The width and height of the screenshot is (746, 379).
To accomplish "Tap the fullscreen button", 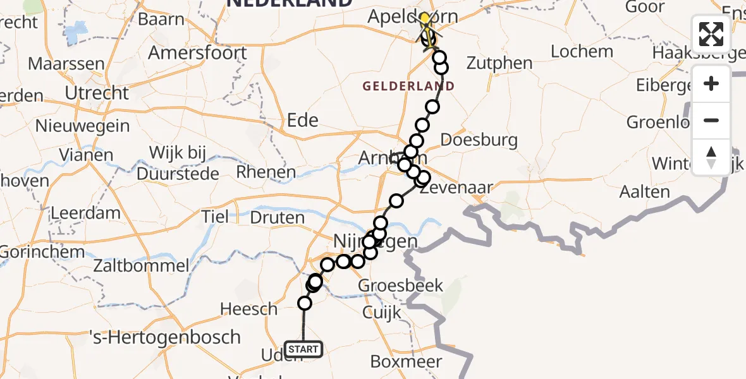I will point(711,34).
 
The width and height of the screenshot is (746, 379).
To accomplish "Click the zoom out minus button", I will point(711,120).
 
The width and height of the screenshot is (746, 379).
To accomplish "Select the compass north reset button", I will point(711,157).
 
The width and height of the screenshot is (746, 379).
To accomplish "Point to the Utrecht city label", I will point(97,93).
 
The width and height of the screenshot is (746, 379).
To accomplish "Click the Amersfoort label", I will point(197,52).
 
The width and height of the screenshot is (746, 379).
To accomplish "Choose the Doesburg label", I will point(479,140).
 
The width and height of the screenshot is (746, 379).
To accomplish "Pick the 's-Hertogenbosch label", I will point(165,337).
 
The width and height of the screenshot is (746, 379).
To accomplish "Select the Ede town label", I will point(302,120).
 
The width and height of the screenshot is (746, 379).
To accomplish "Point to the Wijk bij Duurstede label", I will point(184,162).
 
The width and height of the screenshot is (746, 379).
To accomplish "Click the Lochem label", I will point(582,51).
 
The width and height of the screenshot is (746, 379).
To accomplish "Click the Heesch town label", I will point(248,309).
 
